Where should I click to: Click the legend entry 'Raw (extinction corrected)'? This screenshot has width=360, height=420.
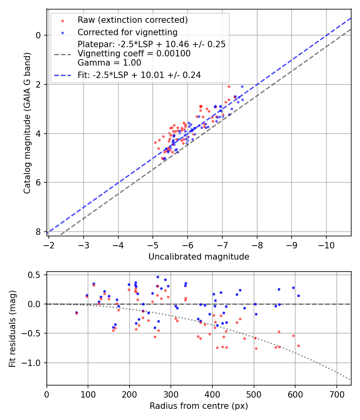132,20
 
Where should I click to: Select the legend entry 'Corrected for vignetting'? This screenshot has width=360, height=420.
128,32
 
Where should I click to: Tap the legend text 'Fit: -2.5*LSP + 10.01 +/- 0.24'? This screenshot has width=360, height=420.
139,75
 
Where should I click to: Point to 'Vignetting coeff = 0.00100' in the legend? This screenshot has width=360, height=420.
134,53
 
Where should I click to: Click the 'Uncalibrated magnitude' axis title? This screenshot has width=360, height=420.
199,257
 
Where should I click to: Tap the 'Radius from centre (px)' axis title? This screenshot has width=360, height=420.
199,406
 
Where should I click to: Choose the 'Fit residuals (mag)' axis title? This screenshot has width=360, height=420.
12,328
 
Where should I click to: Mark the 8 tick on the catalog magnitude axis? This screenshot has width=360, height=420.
39,232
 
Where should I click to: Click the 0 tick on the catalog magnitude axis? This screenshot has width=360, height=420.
39,35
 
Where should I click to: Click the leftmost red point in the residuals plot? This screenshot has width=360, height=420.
76,313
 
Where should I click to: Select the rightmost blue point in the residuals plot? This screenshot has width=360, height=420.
298,296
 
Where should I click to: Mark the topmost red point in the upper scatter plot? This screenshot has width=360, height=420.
229,86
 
